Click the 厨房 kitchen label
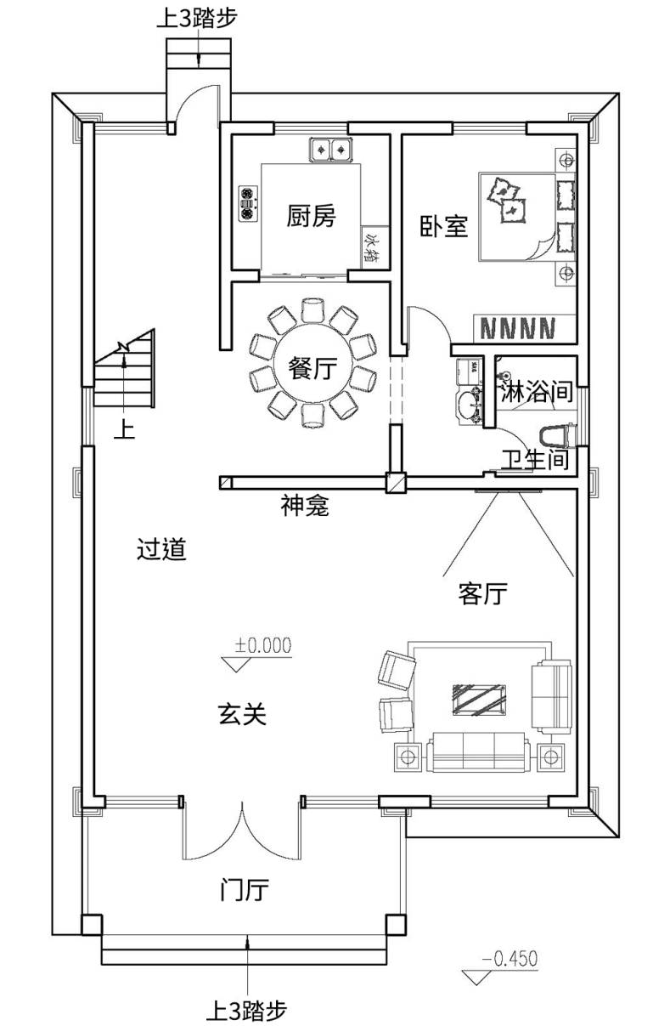point(311,218)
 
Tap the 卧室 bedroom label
point(445,226)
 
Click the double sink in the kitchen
point(331,149)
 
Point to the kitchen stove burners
point(247,204)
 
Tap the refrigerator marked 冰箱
point(372,249)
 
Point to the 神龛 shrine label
point(304,507)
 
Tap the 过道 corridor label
point(161,550)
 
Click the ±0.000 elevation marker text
point(263,644)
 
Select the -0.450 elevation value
point(510,959)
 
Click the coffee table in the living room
point(476,699)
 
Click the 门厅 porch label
point(244,891)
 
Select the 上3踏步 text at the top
point(195,19)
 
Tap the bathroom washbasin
point(466,405)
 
